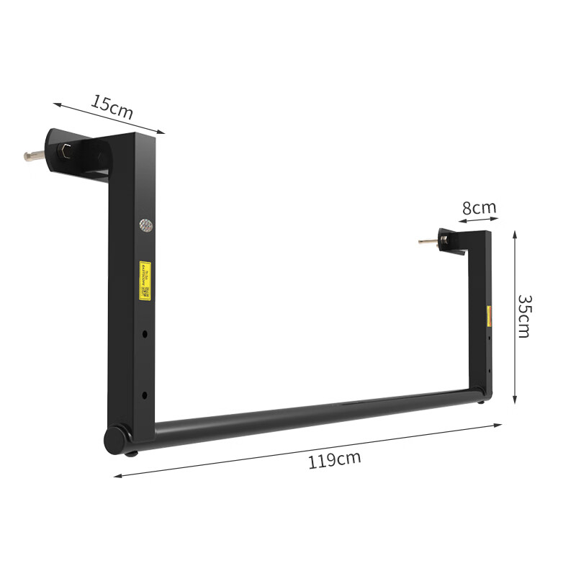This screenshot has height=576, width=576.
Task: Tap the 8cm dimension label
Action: point(479,208)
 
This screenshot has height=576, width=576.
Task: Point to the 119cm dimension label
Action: point(334,460)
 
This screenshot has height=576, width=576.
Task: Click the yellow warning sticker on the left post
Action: point(145,280)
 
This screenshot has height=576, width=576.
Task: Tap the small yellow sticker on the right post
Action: point(490,315)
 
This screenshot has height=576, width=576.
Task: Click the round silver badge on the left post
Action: point(145,225)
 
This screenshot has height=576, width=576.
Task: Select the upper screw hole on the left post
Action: point(145,334)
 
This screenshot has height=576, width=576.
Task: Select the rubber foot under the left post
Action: point(131,452)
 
